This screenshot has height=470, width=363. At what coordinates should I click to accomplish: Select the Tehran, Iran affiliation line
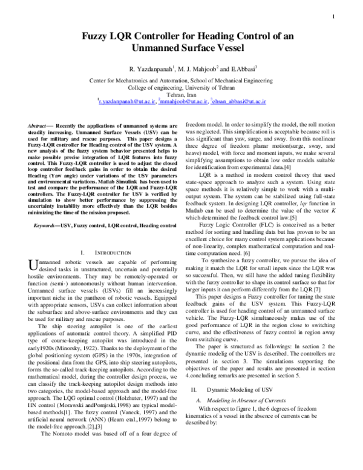181,96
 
